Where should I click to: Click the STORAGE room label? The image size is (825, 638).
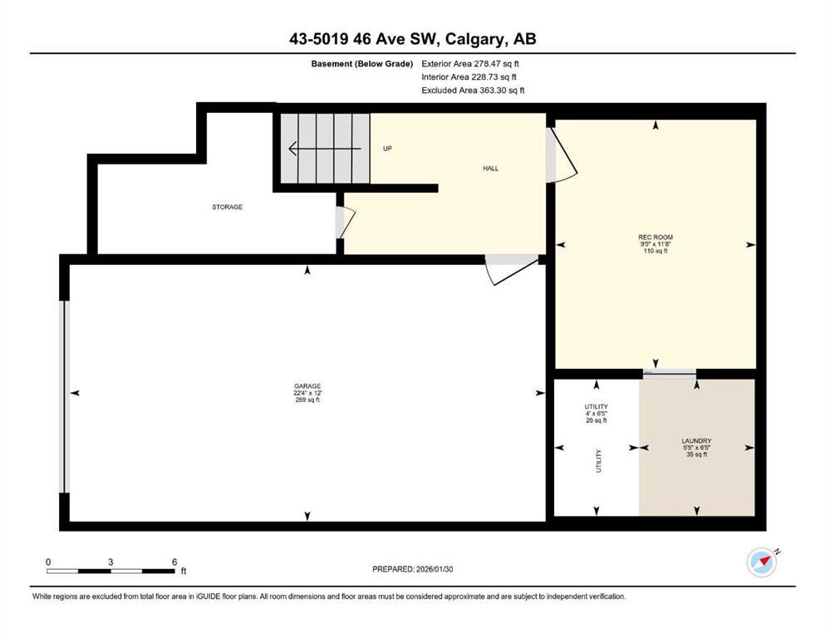228,207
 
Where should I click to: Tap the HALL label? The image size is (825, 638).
490,169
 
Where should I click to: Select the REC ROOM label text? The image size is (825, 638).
656,238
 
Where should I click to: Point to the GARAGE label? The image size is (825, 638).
307,386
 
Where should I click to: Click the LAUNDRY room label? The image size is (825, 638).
696,441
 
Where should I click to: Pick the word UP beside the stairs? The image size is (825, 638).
387,149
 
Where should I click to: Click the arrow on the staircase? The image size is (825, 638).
325,149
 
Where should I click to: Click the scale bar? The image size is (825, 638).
110,571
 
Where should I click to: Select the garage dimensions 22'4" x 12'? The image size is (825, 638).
307,393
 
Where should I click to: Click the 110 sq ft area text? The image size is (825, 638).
655,251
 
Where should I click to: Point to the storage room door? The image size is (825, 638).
346,223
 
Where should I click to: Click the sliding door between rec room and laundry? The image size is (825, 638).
670,373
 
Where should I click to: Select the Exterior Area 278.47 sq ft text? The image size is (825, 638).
470,64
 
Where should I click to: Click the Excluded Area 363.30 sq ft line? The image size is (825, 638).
473,91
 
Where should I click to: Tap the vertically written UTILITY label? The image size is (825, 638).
598,461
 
